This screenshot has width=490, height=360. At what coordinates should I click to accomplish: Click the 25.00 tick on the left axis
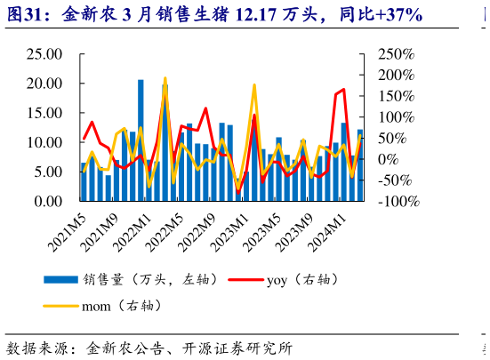[42, 54]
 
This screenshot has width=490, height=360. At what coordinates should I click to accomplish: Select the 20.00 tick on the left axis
[42, 84]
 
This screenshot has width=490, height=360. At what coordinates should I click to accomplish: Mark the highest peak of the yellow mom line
[165, 78]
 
